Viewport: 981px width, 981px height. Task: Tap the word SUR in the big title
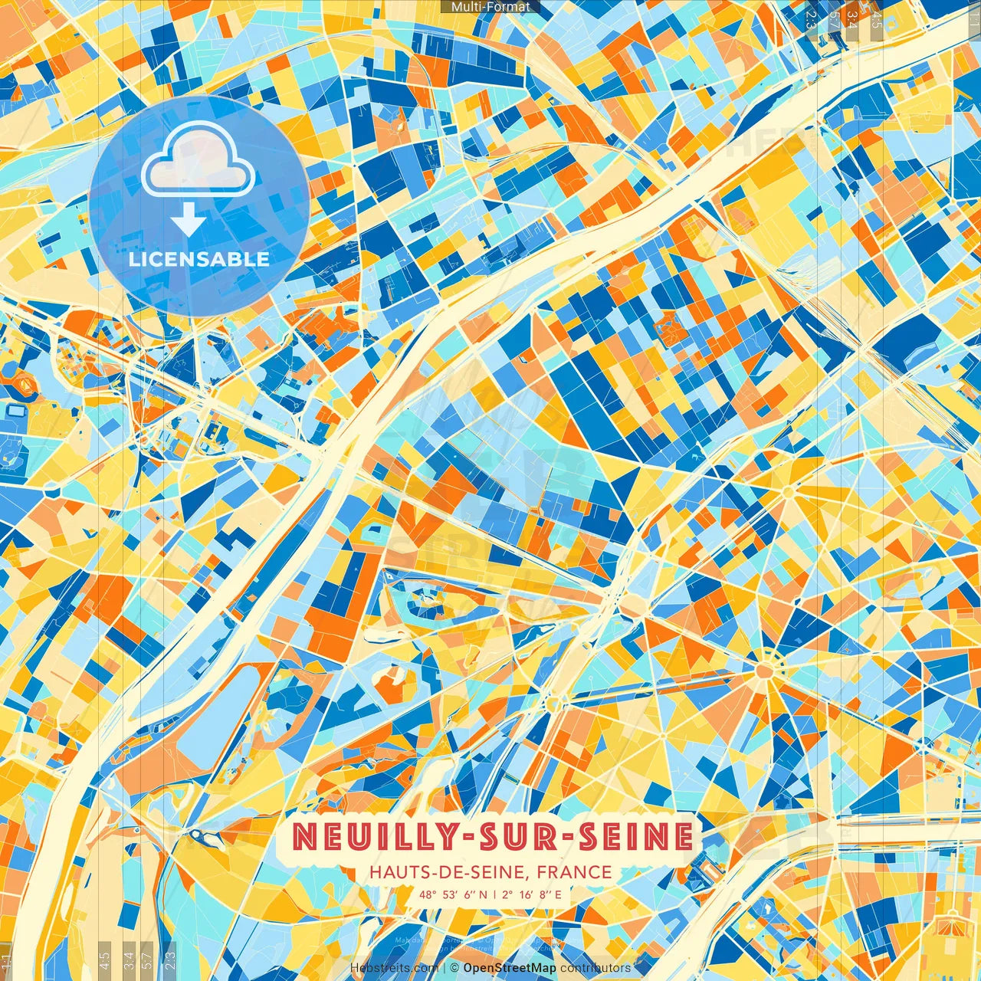[512, 837]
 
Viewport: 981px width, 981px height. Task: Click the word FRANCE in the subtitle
[574, 872]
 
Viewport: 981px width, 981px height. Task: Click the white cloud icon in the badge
[198, 159]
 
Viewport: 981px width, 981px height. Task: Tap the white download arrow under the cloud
[188, 223]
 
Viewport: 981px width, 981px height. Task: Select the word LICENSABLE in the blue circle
[199, 259]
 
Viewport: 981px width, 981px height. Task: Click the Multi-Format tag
[490, 7]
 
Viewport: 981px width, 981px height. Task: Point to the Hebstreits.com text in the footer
[394, 968]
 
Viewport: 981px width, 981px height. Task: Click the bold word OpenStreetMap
[510, 968]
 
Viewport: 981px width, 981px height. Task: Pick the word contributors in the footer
[595, 968]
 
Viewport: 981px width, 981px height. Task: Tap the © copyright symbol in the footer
[454, 968]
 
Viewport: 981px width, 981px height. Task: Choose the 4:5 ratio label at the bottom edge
[105, 960]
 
